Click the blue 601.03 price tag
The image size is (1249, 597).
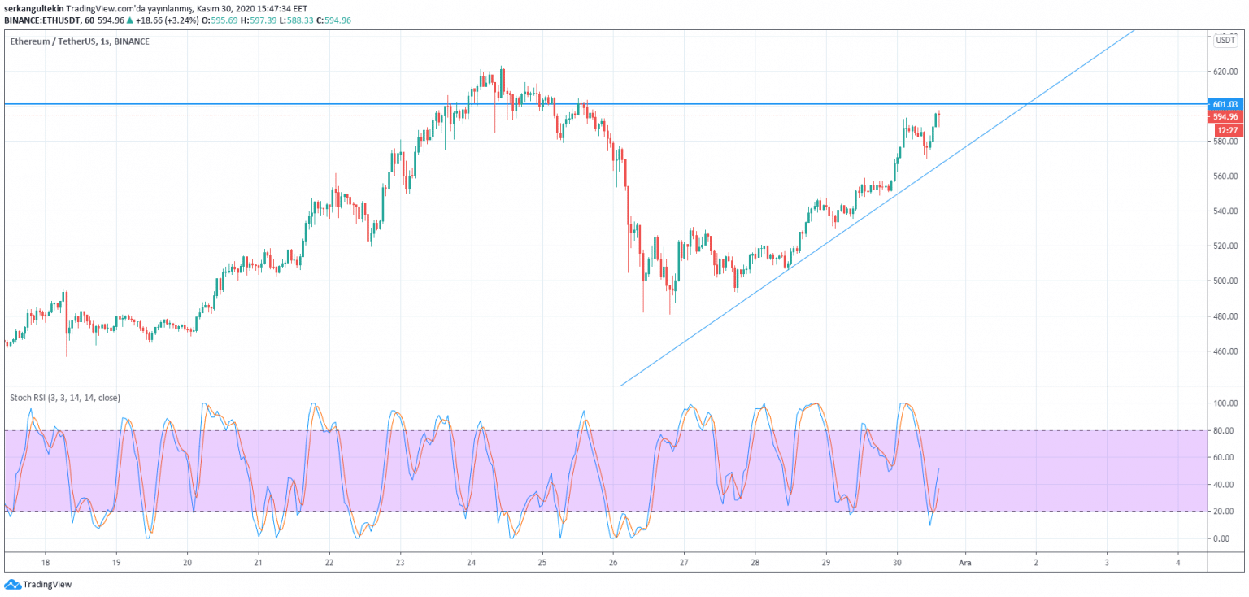(x=1225, y=104)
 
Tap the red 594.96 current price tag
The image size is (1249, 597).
(x=1225, y=116)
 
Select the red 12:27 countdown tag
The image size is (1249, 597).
(x=1228, y=130)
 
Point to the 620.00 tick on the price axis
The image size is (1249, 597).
(x=1225, y=72)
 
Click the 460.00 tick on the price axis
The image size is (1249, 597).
(x=1225, y=351)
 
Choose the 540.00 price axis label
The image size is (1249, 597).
(x=1225, y=211)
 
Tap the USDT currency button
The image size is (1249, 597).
(x=1225, y=40)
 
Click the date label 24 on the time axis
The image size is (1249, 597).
(x=471, y=562)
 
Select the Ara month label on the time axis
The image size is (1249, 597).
(x=964, y=562)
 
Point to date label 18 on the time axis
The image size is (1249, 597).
(x=46, y=562)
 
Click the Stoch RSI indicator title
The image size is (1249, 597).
(x=65, y=398)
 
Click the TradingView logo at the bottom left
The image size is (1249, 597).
(x=38, y=584)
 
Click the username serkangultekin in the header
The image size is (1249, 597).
(x=34, y=9)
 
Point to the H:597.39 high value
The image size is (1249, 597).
(x=258, y=20)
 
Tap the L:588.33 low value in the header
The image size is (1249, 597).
(x=296, y=20)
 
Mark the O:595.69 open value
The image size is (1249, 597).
(x=220, y=20)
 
